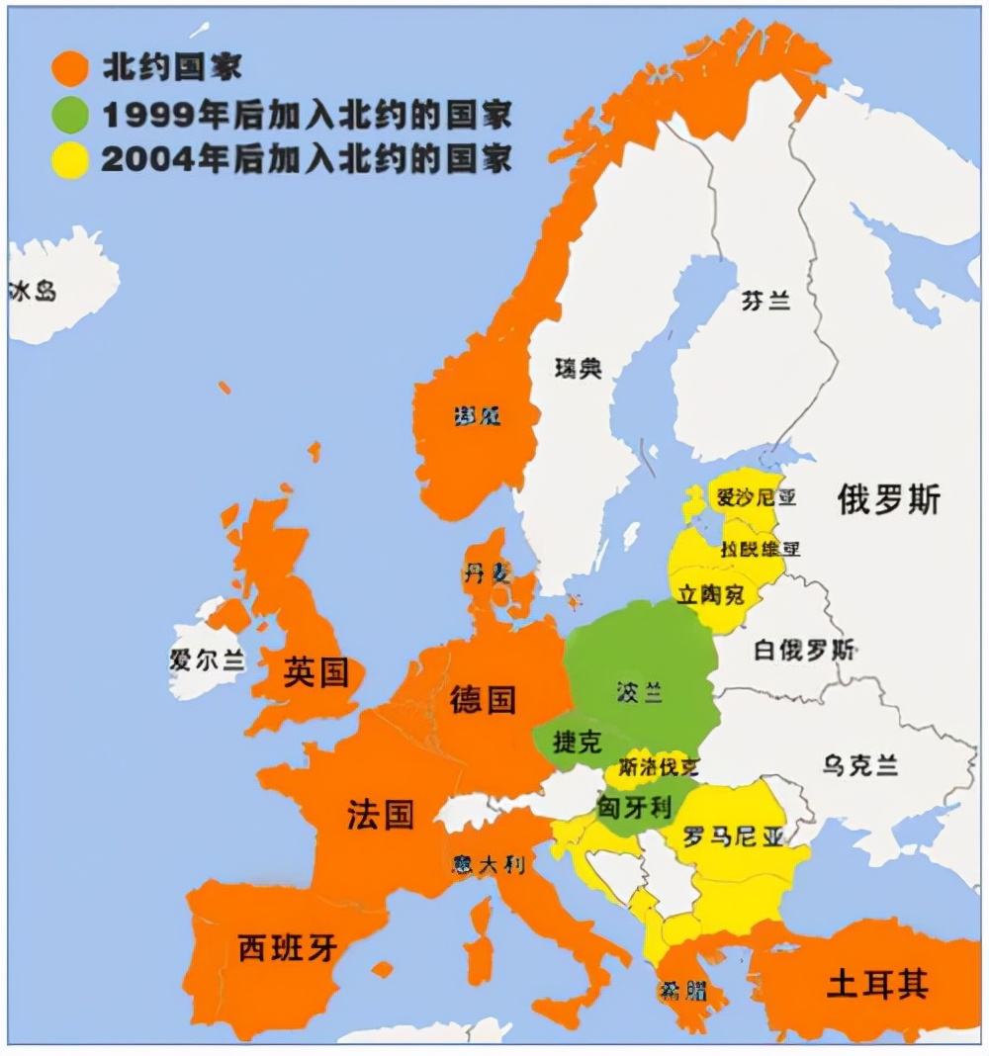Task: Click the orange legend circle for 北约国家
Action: (70, 69)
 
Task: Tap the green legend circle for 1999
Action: (70, 116)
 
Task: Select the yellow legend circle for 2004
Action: (70, 160)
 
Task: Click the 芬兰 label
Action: (765, 302)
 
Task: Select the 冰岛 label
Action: (33, 291)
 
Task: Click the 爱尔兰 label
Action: (207, 660)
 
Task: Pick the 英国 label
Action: (315, 673)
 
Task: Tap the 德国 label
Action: (483, 699)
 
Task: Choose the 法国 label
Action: (380, 816)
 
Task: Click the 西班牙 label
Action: (288, 948)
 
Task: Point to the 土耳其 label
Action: (877, 985)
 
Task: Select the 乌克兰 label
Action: (859, 764)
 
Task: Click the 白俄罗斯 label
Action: (804, 651)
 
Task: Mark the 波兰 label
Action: (639, 692)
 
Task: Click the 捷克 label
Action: (578, 743)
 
